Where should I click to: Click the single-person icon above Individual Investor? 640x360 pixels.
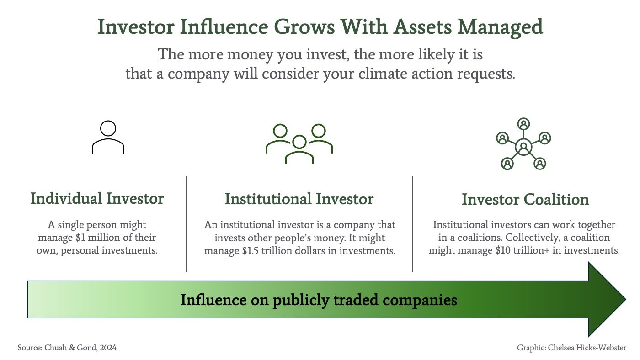click(108, 137)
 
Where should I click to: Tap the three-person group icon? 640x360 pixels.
click(299, 143)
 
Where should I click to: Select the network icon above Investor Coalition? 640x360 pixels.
click(524, 144)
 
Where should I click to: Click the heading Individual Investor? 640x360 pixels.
click(97, 199)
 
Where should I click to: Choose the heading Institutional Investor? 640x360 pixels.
click(299, 199)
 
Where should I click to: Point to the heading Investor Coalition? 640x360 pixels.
click(525, 200)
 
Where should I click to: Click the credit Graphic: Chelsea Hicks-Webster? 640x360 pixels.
click(571, 348)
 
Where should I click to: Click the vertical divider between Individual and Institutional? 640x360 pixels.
click(187, 224)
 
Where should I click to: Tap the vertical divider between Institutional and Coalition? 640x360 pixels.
click(413, 224)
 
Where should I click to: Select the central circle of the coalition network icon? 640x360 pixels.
click(524, 147)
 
